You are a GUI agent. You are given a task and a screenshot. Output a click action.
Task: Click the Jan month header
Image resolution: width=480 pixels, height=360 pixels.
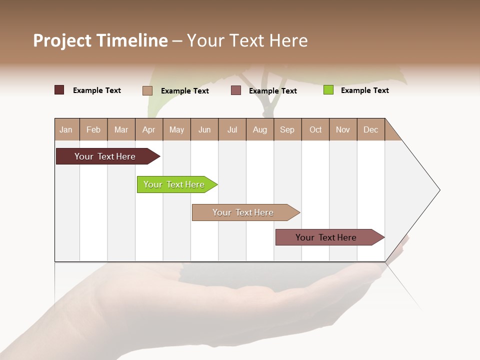tap(66, 129)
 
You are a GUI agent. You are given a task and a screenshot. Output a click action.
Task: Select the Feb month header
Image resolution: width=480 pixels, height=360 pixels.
tap(93, 129)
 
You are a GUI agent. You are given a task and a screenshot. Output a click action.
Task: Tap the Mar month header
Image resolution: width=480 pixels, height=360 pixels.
tap(121, 129)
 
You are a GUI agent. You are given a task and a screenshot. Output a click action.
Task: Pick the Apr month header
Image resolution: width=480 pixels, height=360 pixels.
tap(149, 129)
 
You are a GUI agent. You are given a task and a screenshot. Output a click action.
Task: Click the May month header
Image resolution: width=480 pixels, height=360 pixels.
tap(176, 129)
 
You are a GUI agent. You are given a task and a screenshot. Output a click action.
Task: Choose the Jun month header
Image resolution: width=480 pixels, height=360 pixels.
tap(204, 129)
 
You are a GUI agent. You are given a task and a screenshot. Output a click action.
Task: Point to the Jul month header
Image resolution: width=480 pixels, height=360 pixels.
tap(232, 129)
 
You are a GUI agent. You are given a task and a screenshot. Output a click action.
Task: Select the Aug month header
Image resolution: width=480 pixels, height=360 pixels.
tap(260, 129)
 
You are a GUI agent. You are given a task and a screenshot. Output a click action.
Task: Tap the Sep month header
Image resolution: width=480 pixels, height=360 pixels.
tap(287, 129)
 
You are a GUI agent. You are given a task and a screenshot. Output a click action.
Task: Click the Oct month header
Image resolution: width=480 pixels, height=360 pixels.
tap(315, 129)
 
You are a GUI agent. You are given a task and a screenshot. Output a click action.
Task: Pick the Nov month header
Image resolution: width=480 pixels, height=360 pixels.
tap(343, 129)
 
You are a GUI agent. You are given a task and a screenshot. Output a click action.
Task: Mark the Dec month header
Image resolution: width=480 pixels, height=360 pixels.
tap(371, 129)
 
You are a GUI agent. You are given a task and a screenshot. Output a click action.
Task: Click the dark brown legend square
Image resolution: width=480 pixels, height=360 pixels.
tap(59, 90)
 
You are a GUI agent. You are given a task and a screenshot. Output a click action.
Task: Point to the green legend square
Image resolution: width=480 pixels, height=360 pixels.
tap(328, 90)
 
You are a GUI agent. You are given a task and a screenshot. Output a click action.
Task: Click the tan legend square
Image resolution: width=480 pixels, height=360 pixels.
tap(147, 90)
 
